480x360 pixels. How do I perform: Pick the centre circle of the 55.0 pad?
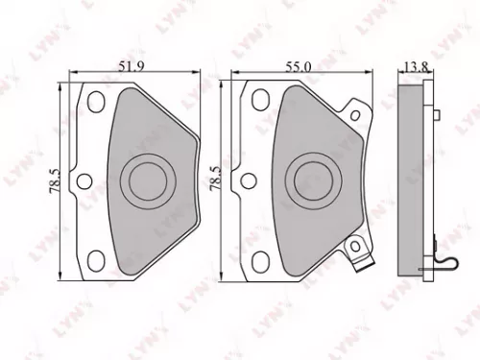313,178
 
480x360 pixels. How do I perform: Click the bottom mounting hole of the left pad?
97,256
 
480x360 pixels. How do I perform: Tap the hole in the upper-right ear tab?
355,115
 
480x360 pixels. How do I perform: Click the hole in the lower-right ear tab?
355,242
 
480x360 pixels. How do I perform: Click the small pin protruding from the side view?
436,119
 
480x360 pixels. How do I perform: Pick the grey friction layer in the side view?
414,178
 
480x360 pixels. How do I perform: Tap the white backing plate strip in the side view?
426,178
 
